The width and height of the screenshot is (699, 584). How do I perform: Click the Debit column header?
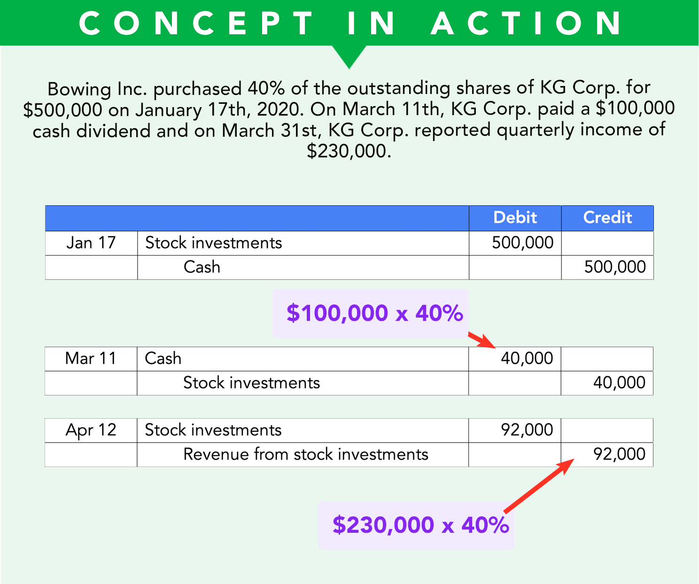click(515, 218)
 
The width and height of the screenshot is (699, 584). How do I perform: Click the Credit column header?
click(607, 218)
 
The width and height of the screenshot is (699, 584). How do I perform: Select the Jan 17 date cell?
click(91, 243)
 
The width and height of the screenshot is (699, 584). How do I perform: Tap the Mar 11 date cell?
click(91, 358)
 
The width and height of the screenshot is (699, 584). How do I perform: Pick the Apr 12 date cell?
click(91, 430)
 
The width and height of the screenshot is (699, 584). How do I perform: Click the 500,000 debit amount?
click(522, 243)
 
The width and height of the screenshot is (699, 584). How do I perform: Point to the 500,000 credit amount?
click(615, 267)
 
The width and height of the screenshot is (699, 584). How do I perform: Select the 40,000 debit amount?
click(527, 358)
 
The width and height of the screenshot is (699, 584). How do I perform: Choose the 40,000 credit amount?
click(619, 383)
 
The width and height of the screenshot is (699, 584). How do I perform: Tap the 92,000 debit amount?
click(527, 430)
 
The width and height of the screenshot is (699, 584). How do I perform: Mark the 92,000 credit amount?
click(619, 454)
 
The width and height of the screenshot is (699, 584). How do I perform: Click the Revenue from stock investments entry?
click(306, 454)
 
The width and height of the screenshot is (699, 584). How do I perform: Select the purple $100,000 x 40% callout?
click(374, 313)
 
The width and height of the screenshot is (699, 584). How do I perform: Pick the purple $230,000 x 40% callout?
click(420, 525)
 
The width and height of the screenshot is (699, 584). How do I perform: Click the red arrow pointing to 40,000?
click(482, 340)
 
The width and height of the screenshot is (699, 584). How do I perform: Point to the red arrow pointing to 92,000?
click(538, 486)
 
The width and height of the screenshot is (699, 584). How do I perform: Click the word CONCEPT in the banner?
click(196, 23)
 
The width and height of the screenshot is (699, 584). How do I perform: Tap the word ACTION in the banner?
click(527, 23)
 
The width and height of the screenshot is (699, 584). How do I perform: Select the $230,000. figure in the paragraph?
click(349, 151)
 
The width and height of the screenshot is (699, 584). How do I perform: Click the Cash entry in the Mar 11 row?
click(163, 358)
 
